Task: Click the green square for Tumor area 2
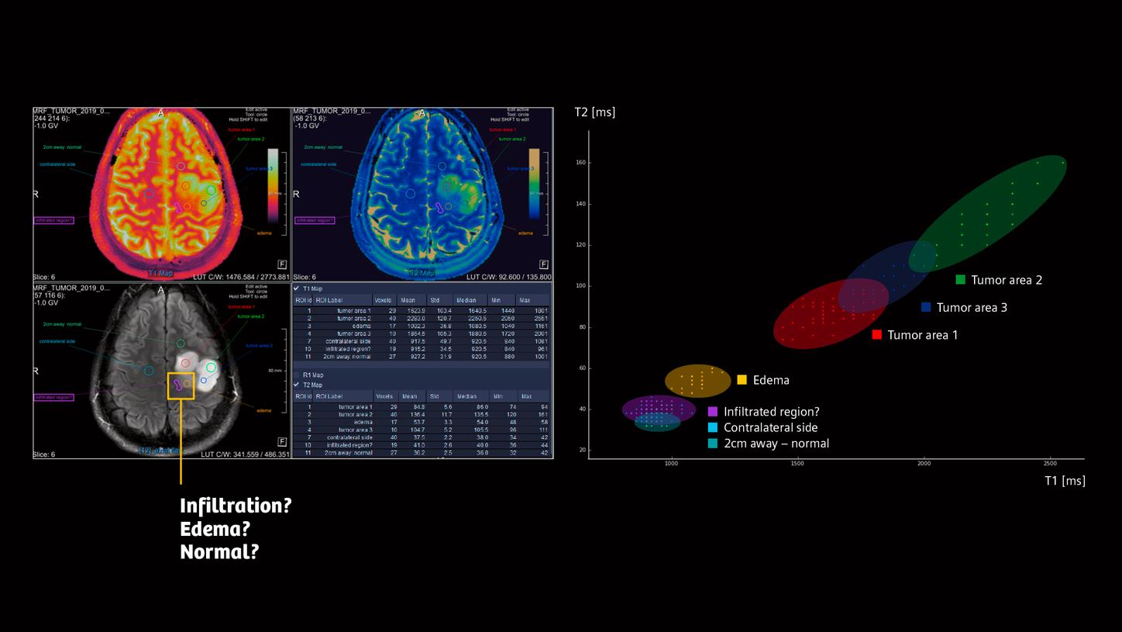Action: coord(960,280)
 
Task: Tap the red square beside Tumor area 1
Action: coord(876,335)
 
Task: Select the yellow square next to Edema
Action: coord(742,380)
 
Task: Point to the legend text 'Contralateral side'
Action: coord(770,427)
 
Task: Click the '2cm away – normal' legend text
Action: coord(776,444)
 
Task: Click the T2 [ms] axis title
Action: coord(594,112)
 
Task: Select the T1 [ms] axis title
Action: coord(1064,481)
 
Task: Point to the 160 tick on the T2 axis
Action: coord(579,163)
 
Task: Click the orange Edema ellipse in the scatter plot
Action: coord(697,381)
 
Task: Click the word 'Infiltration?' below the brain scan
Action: coord(236,506)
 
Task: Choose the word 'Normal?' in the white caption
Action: coord(219,552)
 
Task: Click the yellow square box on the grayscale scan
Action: coord(181,385)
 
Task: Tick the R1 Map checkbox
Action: coord(296,375)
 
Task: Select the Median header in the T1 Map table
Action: coord(468,300)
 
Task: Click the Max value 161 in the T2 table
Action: coord(542,414)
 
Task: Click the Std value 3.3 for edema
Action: coord(446,422)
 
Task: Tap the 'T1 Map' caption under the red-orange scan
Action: coord(160,273)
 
